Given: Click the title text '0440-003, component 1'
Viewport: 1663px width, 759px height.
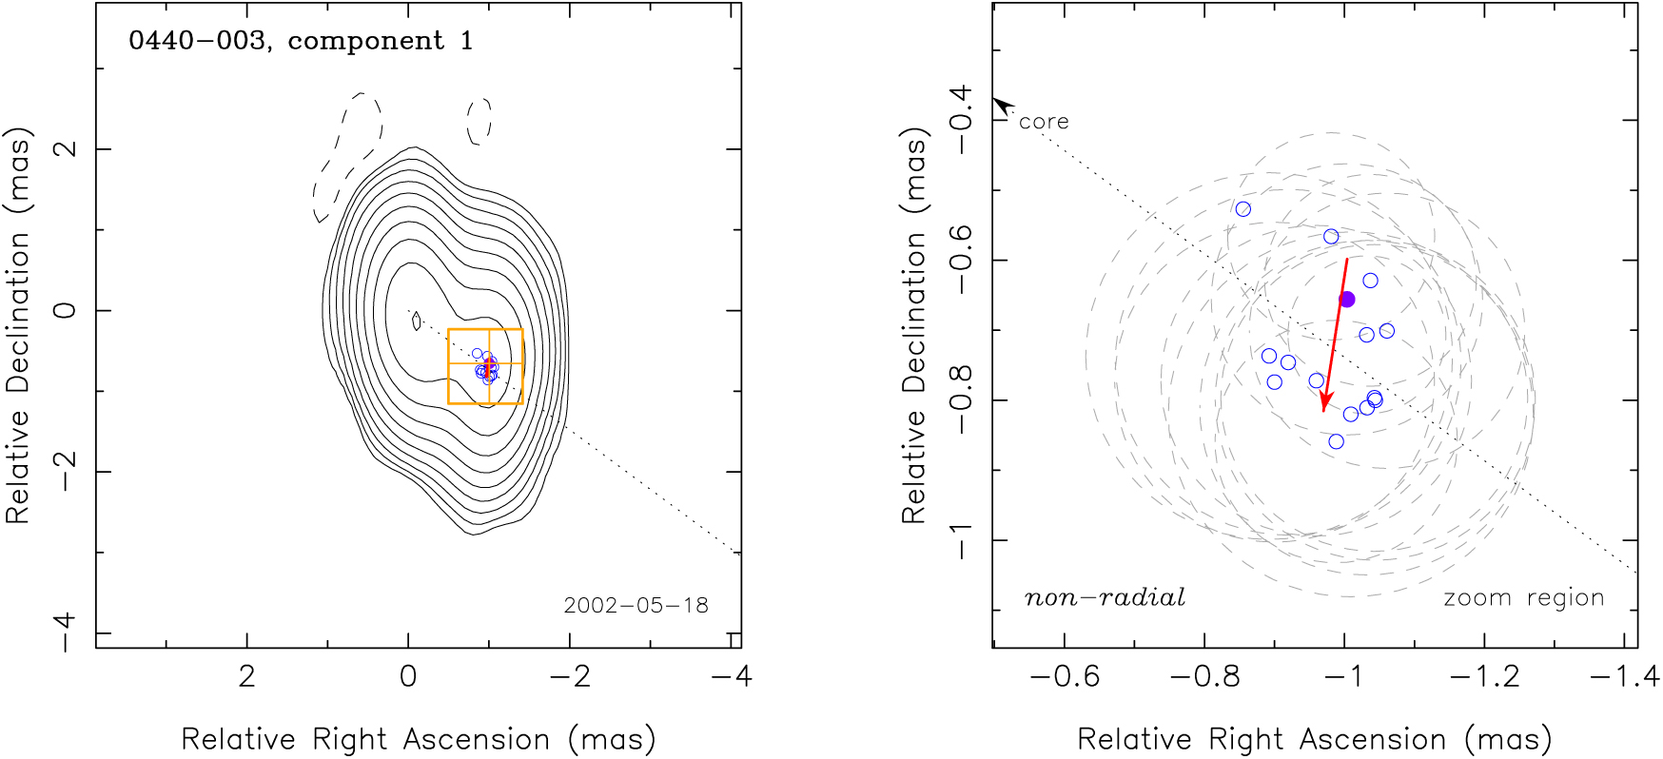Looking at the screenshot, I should (301, 41).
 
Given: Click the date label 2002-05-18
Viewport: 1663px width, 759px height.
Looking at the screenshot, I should (636, 606).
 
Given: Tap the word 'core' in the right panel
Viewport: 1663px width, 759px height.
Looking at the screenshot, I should (1044, 122).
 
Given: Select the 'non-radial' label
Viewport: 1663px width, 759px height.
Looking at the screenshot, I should (1105, 598).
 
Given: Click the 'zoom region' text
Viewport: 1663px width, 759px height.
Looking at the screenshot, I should (1523, 598).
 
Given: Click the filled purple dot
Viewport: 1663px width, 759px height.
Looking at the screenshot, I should (1347, 300).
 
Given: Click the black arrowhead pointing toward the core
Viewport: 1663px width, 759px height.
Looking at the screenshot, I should (1001, 106).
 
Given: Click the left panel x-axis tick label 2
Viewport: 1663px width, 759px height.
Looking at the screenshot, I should (247, 676).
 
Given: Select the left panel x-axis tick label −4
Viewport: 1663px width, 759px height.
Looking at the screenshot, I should (732, 676).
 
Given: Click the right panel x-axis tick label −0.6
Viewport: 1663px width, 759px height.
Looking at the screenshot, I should (1065, 676).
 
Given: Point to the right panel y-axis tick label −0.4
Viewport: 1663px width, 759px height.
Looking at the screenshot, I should (962, 120).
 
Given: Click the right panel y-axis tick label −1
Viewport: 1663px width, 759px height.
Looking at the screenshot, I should (962, 540).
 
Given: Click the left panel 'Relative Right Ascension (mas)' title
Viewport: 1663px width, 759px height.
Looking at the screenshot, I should (419, 739).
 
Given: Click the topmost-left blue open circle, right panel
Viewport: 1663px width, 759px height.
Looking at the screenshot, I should (1243, 209).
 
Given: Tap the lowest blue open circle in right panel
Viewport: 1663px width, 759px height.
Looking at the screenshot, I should (1337, 441).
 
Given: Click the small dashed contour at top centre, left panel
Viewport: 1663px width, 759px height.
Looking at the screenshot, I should (479, 121).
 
